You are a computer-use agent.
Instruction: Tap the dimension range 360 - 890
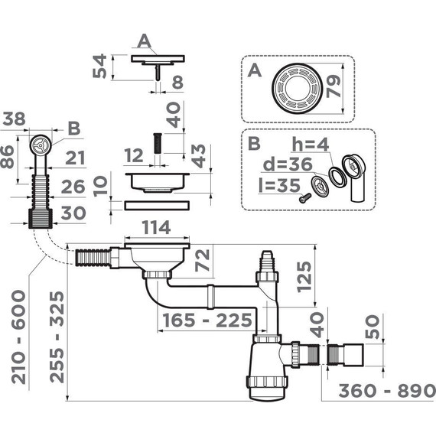(376, 390)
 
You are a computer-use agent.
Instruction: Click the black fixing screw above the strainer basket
(155, 142)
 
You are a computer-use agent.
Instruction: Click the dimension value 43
(197, 157)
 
